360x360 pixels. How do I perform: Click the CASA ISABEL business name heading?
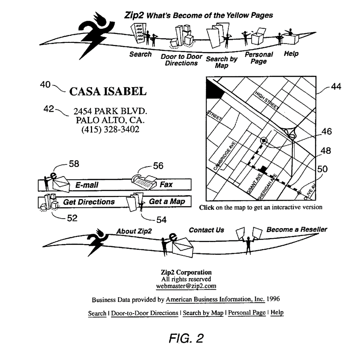tap(108, 91)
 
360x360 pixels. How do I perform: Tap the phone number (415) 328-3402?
tap(110, 130)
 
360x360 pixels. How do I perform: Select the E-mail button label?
tap(87, 185)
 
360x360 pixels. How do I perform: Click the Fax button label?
tap(166, 184)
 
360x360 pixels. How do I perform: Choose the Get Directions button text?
tap(89, 202)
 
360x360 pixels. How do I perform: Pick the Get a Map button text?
tap(167, 201)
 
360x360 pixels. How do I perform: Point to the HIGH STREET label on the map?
tap(267, 100)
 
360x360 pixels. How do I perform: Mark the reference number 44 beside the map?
tap(336, 87)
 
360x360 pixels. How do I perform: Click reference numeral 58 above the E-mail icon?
tap(74, 164)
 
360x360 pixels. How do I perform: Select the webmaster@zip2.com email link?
tap(186, 286)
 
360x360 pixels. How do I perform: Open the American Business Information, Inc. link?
tap(215, 299)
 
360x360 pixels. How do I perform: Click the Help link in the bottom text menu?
tap(277, 312)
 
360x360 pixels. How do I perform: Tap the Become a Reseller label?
tap(296, 229)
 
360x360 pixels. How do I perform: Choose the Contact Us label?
tap(206, 230)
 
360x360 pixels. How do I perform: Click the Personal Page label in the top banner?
tap(259, 58)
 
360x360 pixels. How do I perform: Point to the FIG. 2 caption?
tap(186, 338)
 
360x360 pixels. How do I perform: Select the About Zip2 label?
tap(134, 231)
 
